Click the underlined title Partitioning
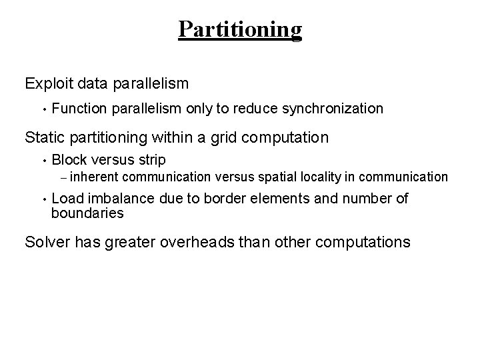pyautogui.click(x=240, y=29)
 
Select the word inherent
pyautogui.click(x=93, y=177)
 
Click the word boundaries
pyautogui.click(x=87, y=213)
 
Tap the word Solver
pyautogui.click(x=47, y=241)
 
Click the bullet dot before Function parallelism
pyautogui.click(x=42, y=109)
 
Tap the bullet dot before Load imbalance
pyautogui.click(x=42, y=199)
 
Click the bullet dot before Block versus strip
pyautogui.click(x=42, y=161)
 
